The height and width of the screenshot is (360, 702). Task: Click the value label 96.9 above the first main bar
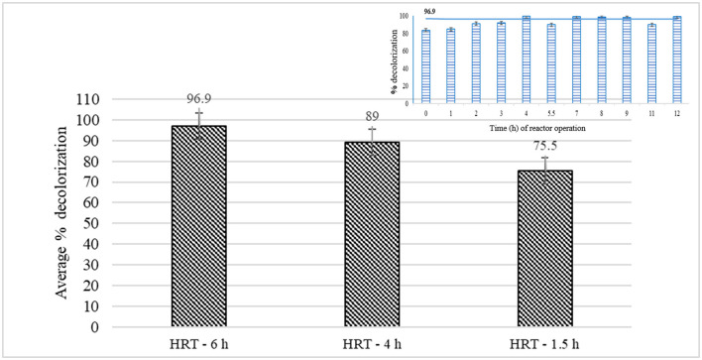(198, 100)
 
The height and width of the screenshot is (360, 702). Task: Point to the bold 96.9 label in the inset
(429, 11)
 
